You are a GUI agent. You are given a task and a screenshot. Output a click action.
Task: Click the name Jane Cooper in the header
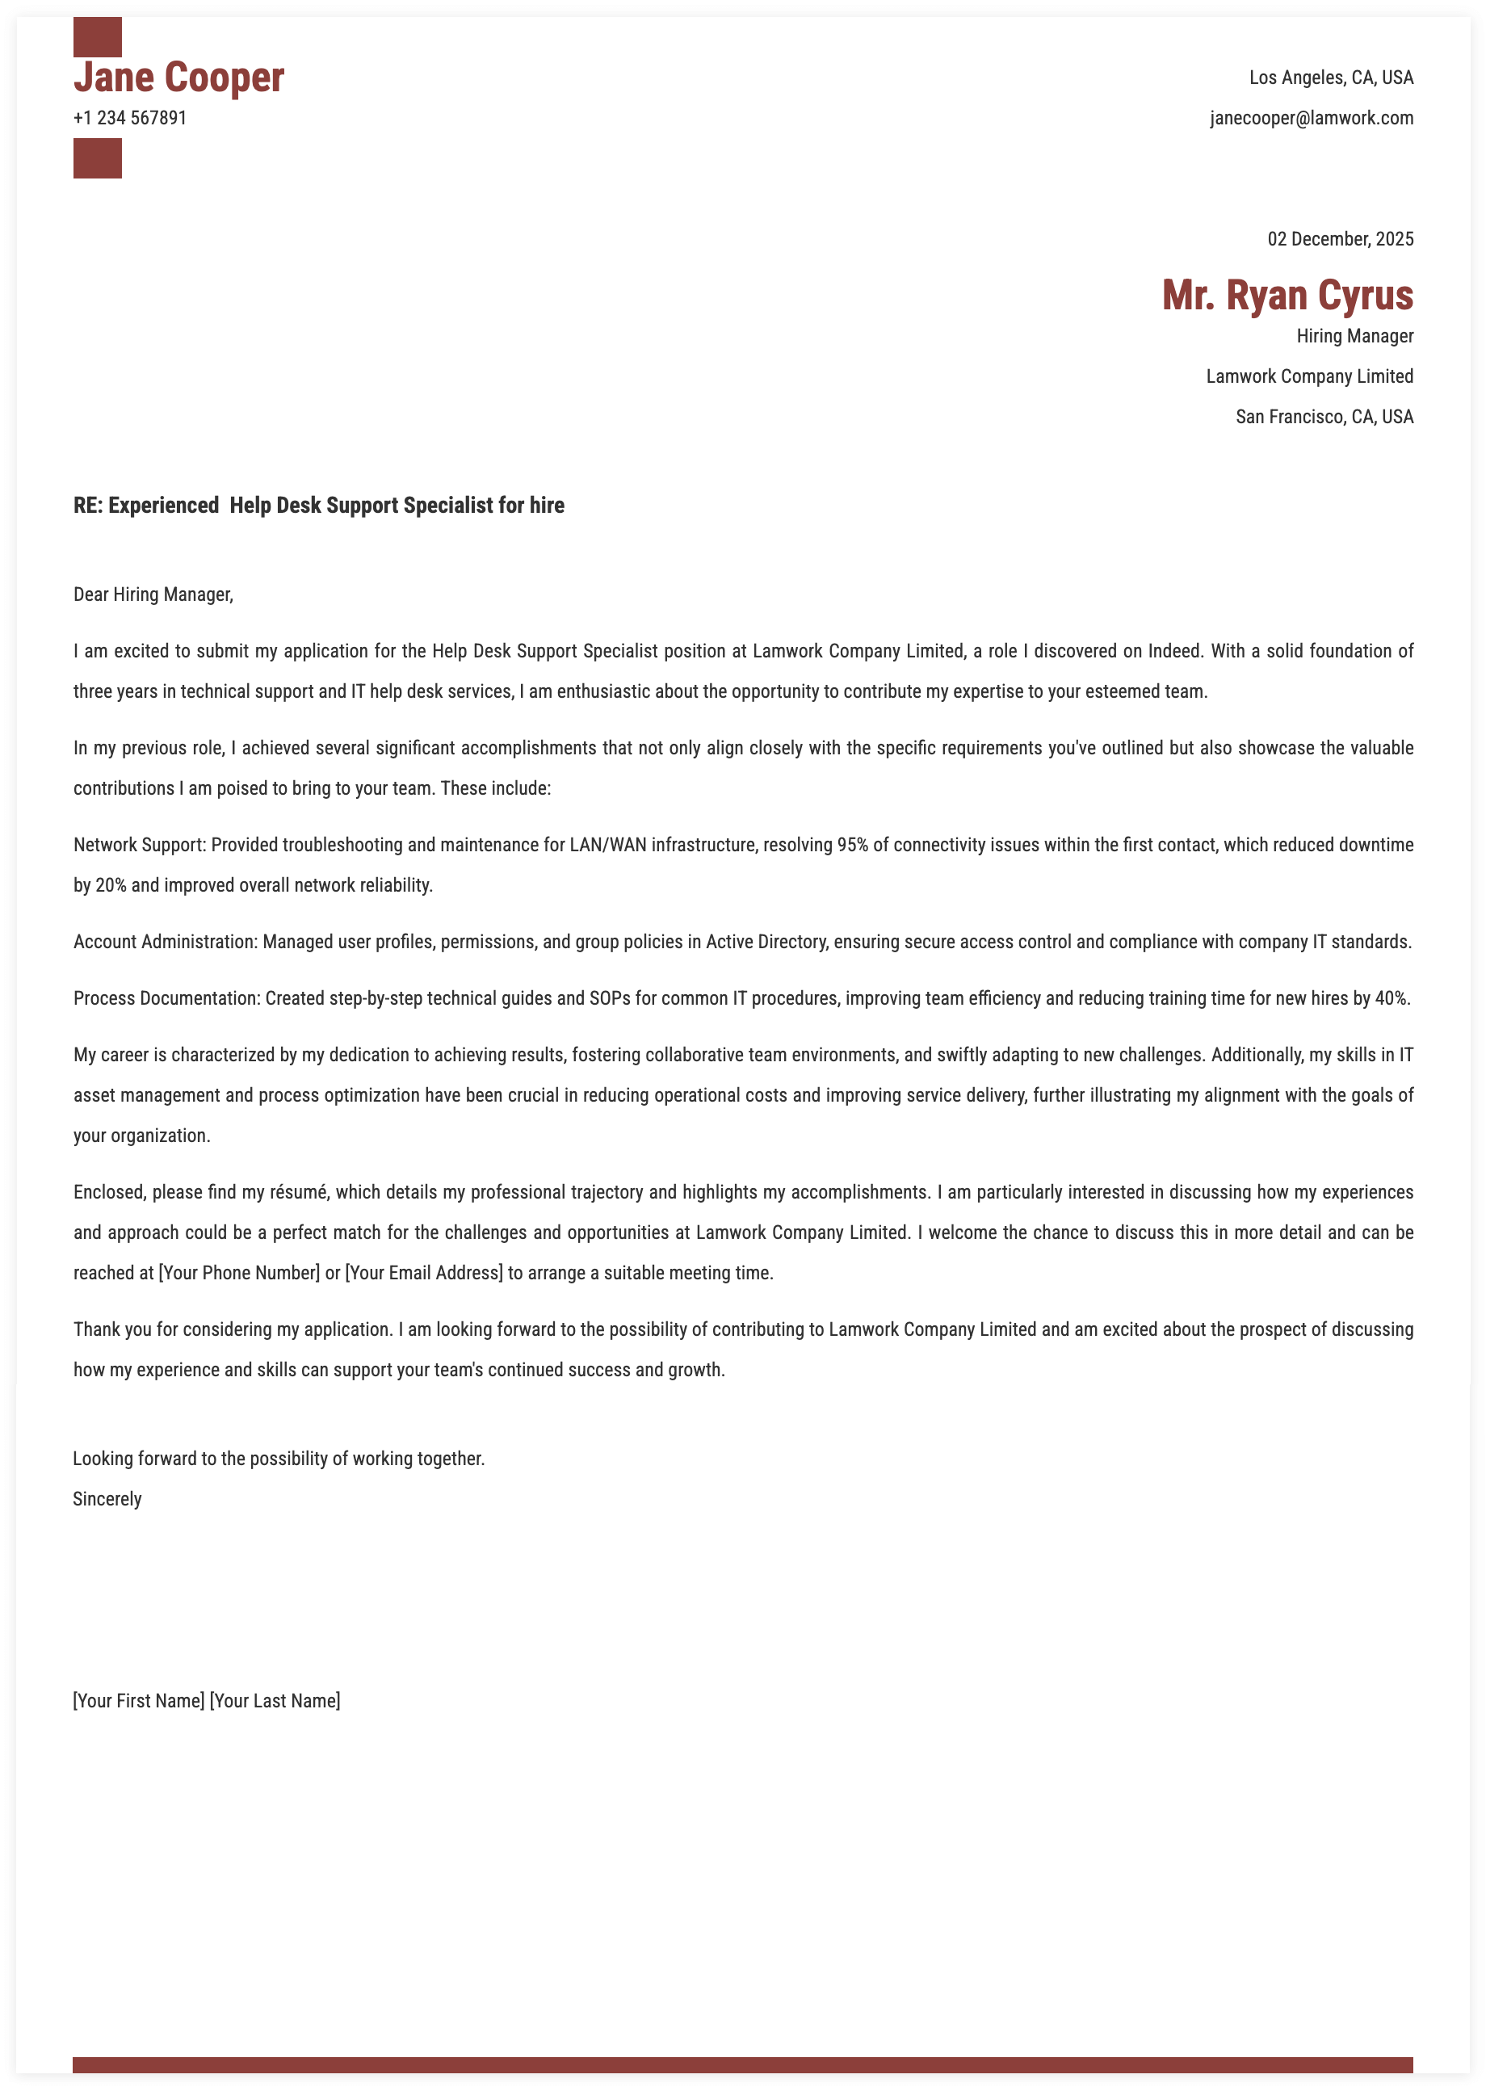click(x=178, y=78)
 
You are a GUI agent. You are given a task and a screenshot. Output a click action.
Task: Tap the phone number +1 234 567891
click(x=130, y=118)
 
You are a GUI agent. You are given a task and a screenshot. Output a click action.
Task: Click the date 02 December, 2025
click(x=1340, y=240)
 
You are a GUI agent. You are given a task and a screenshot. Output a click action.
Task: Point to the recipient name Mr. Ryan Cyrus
click(x=1287, y=296)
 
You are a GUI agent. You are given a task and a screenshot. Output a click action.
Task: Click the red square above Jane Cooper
click(x=97, y=36)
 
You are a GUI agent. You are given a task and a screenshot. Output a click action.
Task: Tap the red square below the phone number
click(x=97, y=158)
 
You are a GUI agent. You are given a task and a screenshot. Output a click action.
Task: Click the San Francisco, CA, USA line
click(x=1323, y=418)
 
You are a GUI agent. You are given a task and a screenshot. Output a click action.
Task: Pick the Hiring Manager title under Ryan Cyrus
click(x=1354, y=337)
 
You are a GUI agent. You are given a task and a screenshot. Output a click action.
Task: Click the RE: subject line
click(x=318, y=506)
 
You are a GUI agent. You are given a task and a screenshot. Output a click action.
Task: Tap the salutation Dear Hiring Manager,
click(x=153, y=594)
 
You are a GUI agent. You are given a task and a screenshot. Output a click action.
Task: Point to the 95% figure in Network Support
click(x=852, y=846)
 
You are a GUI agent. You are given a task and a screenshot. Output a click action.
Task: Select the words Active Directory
click(x=766, y=943)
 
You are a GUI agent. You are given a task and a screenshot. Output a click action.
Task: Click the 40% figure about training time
click(x=1392, y=999)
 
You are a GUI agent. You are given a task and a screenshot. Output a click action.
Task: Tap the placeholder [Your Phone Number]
click(x=239, y=1274)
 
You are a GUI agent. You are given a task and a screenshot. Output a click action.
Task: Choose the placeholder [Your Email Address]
click(x=424, y=1274)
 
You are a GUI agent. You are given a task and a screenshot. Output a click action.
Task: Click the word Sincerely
click(x=107, y=1500)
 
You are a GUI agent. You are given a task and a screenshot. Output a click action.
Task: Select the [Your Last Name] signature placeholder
click(x=275, y=1702)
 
